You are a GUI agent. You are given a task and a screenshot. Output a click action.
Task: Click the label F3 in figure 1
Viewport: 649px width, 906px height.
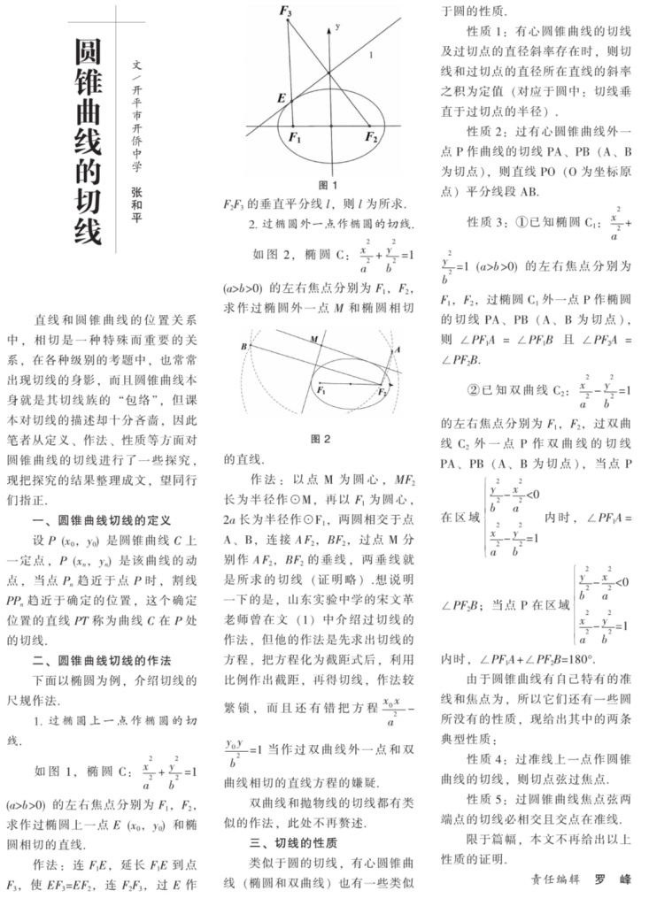285,12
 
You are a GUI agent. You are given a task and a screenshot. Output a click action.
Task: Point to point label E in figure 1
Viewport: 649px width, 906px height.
282,98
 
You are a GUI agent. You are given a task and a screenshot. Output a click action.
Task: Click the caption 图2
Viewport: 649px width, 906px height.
321,438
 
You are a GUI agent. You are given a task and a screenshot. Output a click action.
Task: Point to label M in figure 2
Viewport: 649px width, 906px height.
314,338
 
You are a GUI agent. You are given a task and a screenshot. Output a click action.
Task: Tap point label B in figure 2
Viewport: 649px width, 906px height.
243,347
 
